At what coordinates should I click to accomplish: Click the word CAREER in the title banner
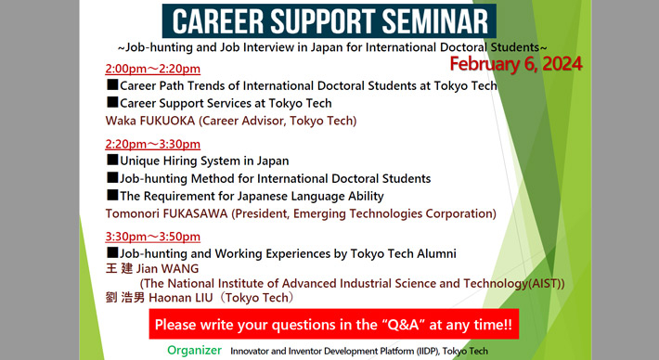[x=218, y=20]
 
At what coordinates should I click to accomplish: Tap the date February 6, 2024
[x=516, y=63]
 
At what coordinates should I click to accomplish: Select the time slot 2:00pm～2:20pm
[x=153, y=70]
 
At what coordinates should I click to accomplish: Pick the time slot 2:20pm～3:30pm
[x=153, y=144]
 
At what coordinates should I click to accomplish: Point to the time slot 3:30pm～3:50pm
[x=153, y=237]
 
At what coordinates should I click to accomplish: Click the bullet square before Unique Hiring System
[x=112, y=161]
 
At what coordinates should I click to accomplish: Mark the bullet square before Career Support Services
[x=112, y=103]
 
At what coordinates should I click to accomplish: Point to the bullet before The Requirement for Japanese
[x=112, y=196]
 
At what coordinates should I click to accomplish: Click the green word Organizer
[x=194, y=351]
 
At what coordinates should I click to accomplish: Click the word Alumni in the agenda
[x=433, y=253]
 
